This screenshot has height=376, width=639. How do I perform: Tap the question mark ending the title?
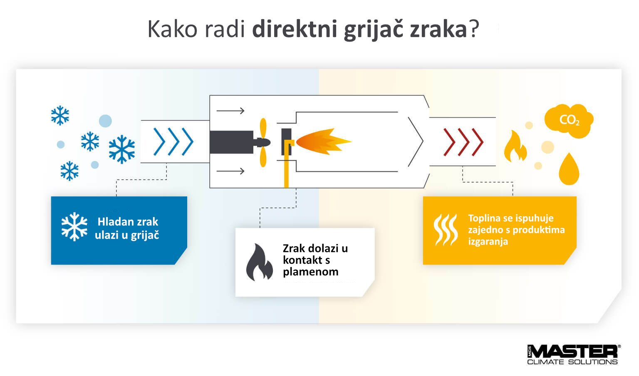474,29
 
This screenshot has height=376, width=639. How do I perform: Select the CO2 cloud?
569,121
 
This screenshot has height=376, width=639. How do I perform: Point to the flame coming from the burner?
324,141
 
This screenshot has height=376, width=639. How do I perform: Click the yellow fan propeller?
263,142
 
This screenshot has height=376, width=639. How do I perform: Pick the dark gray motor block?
231,142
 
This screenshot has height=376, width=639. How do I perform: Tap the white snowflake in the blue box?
74,227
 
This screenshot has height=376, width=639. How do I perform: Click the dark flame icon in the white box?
259,262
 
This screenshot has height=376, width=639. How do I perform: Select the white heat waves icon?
446,230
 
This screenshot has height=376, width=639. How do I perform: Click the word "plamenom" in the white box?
311,272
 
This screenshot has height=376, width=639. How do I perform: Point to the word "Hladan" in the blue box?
116,222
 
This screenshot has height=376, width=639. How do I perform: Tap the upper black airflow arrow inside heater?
230,111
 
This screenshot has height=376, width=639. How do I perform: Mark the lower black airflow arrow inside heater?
230,171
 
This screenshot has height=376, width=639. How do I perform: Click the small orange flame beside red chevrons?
515,146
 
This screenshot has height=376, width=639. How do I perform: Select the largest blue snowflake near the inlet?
122,149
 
